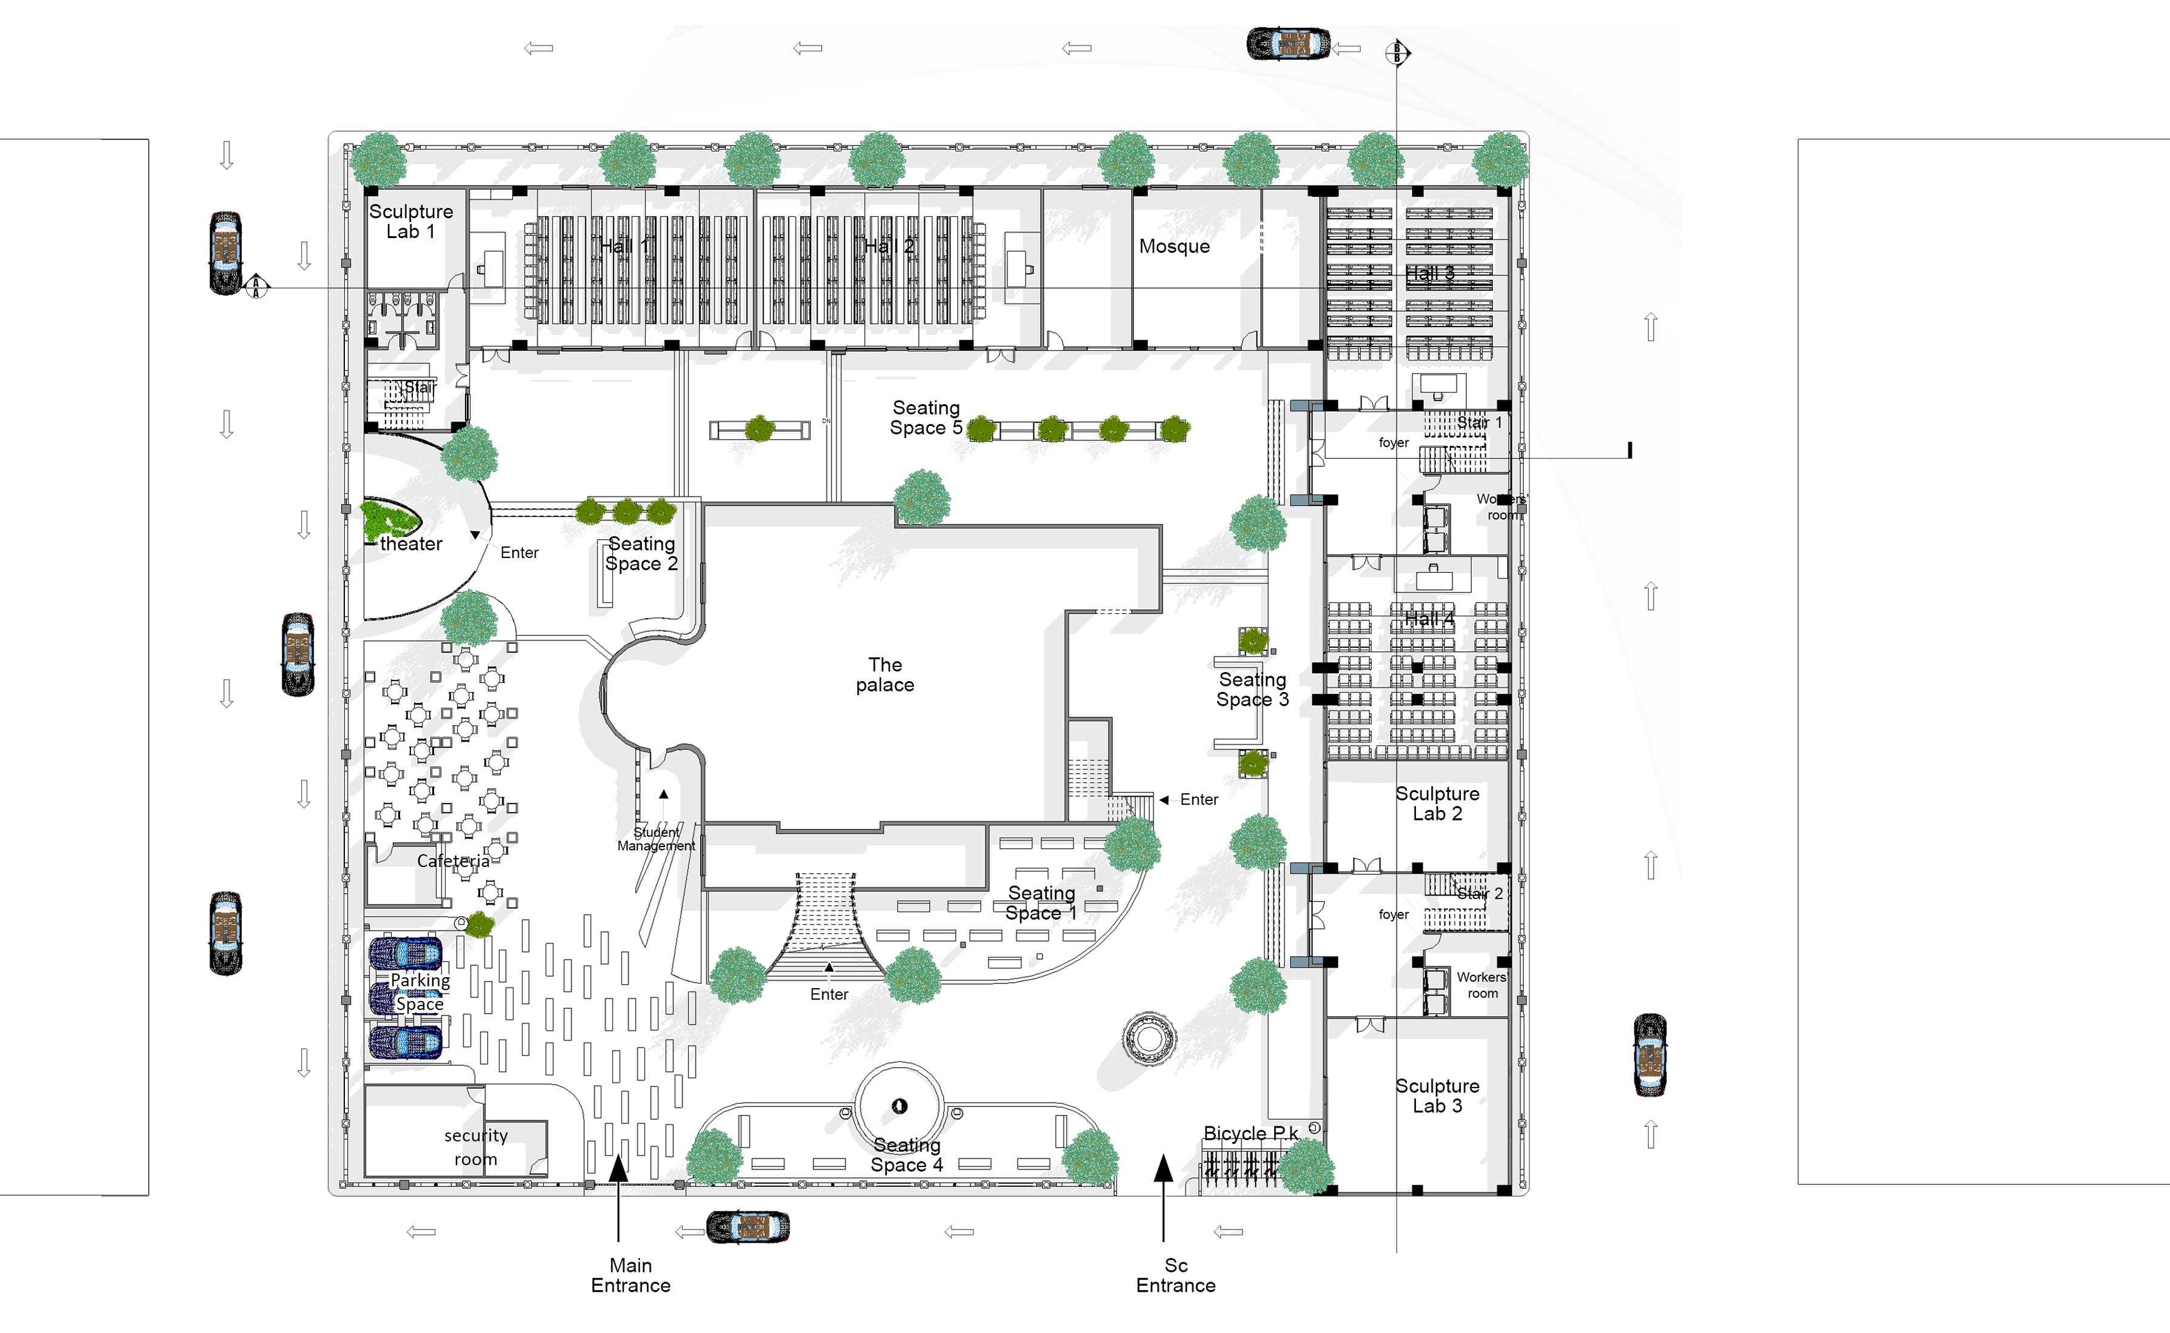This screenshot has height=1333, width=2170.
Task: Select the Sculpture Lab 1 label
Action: point(411,221)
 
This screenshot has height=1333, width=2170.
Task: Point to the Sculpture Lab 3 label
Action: point(1437,1096)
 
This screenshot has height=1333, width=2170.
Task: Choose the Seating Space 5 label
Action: point(925,418)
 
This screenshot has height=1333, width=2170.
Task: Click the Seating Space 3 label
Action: point(1252,690)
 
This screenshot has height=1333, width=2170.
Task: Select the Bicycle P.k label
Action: point(1250,1133)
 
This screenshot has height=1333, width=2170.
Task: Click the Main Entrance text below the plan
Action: point(630,1275)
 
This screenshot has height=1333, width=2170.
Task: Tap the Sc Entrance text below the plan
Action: point(1175,1275)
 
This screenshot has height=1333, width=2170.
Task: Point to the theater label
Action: point(411,544)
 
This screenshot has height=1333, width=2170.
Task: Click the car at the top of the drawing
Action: point(1287,43)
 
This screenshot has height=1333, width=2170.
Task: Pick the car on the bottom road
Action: point(748,1226)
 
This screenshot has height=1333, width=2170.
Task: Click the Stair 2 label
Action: point(1479,893)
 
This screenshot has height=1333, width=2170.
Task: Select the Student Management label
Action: point(656,839)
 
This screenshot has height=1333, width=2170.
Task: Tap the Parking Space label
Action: point(419,992)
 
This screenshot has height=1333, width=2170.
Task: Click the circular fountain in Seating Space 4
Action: point(898,1106)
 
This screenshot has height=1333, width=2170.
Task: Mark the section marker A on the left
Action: point(256,287)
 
